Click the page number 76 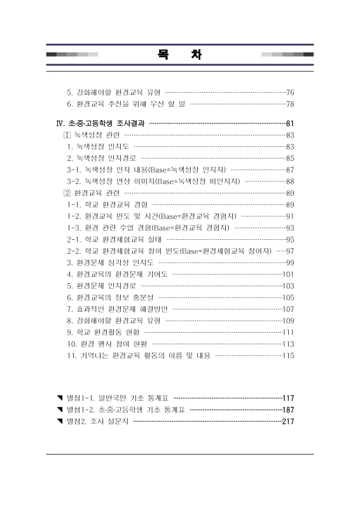290,92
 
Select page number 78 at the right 290,104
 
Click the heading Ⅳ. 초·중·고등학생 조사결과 100,123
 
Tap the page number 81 290,123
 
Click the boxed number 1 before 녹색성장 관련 67,135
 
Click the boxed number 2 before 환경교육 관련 67,193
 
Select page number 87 290,170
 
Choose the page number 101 288,274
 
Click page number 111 288,332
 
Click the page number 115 288,355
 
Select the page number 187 288,409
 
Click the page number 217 288,421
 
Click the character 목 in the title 163,55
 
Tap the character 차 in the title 197,55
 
